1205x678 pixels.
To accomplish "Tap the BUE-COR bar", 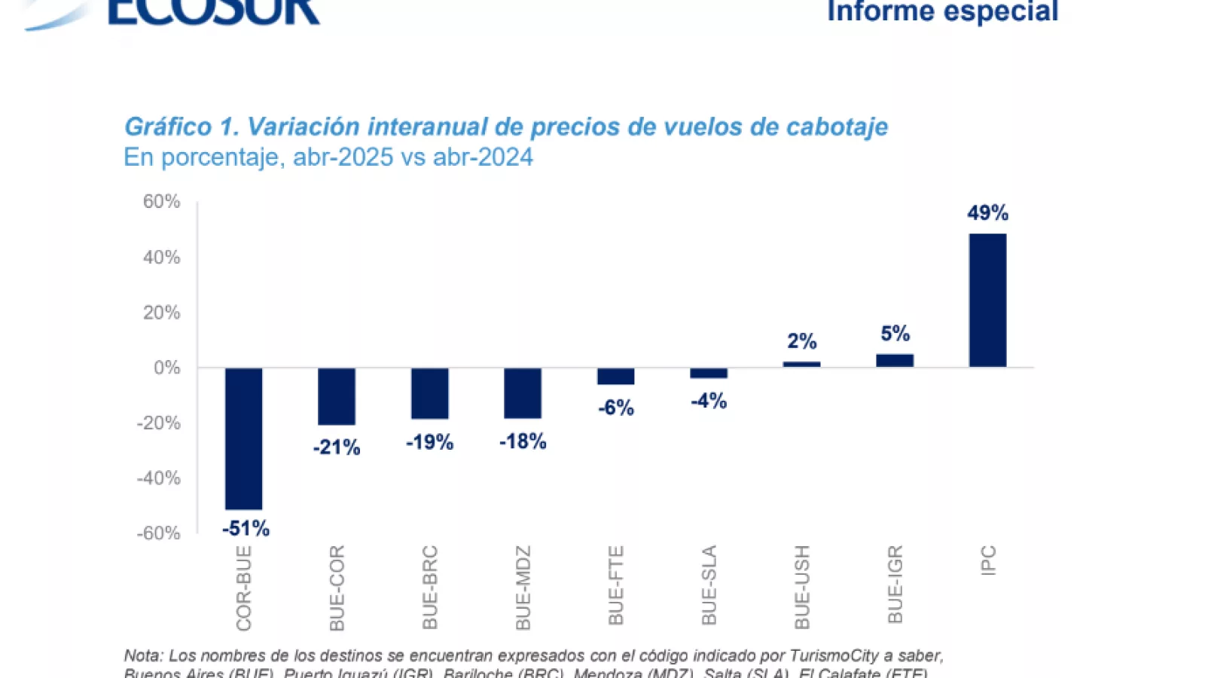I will click(x=337, y=396).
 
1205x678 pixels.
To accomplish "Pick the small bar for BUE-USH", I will click(x=801, y=365).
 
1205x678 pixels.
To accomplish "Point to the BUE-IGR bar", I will click(x=895, y=361).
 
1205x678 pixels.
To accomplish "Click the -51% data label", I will click(x=246, y=529).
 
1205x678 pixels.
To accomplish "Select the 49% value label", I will click(x=987, y=213).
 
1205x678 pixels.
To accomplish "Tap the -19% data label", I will click(x=429, y=442).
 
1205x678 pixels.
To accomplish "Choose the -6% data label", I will click(x=616, y=408).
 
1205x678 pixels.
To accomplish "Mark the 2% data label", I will click(x=801, y=341).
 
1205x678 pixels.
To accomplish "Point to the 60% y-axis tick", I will click(x=162, y=202).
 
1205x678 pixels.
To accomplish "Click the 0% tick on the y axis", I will click(x=167, y=368).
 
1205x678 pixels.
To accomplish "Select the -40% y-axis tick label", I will click(x=159, y=478).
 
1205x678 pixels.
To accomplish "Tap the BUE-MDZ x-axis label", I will click(x=523, y=588).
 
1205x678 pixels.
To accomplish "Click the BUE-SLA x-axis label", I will click(x=709, y=585).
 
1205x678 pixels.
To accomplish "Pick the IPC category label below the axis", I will click(x=989, y=560).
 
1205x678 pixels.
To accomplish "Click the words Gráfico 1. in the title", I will click(x=182, y=127).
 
